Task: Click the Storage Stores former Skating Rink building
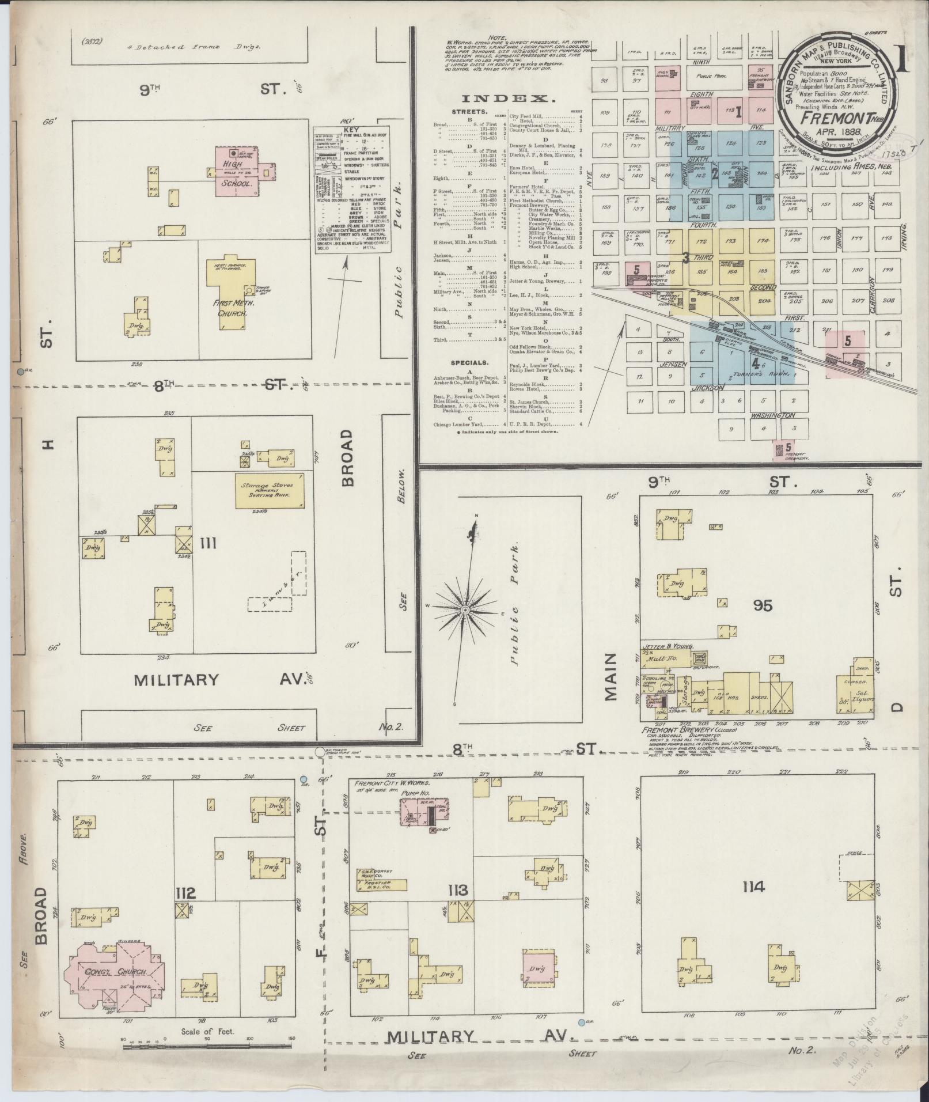pyautogui.click(x=270, y=490)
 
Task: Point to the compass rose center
pyautogui.click(x=464, y=609)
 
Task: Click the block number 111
pyautogui.click(x=207, y=543)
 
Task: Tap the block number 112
pyautogui.click(x=187, y=893)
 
